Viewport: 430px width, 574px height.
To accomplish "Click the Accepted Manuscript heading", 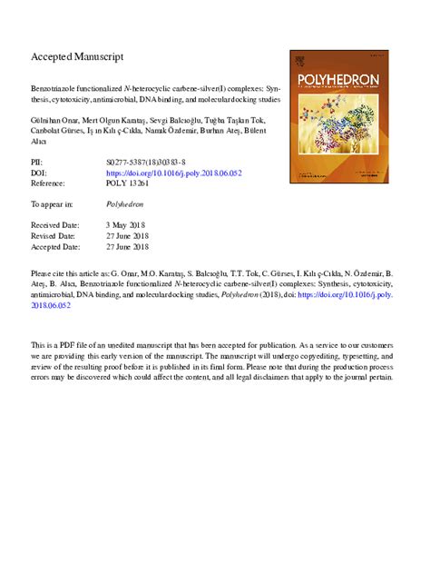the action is coord(77,56).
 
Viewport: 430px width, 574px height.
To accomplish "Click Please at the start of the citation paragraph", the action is coord(43,272).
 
